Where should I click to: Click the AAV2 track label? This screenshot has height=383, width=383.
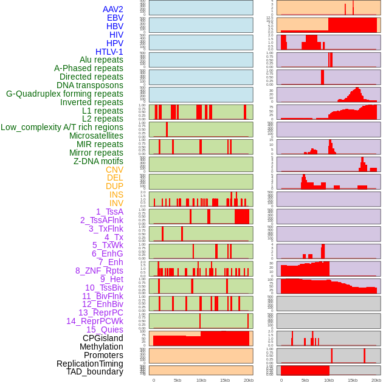(x=112, y=9)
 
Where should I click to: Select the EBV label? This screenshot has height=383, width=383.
(x=115, y=18)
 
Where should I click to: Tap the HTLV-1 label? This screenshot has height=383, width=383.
(x=109, y=52)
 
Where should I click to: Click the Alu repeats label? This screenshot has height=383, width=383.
(x=102, y=60)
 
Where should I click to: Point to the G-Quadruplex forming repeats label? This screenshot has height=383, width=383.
(x=64, y=94)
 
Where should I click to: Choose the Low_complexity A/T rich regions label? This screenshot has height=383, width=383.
(x=62, y=127)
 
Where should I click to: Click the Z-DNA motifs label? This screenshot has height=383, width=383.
(x=98, y=161)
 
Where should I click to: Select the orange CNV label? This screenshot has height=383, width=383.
(x=114, y=170)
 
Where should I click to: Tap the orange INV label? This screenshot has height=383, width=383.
(x=116, y=203)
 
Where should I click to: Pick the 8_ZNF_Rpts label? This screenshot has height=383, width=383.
(x=99, y=271)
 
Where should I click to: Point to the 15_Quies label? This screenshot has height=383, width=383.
(x=105, y=330)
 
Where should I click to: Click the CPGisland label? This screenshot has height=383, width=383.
(x=103, y=338)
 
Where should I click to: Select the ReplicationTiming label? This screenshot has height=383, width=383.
(x=89, y=364)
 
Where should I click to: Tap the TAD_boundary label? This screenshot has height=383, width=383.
(x=95, y=371)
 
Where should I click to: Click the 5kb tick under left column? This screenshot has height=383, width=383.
(x=178, y=380)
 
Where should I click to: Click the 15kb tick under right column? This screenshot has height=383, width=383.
(x=353, y=380)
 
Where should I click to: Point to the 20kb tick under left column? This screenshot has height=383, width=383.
(x=249, y=380)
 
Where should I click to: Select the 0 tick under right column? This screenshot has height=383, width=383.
(x=281, y=380)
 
